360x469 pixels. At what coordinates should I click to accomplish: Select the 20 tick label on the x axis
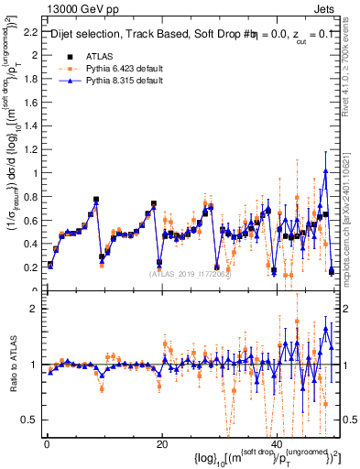click(162, 442)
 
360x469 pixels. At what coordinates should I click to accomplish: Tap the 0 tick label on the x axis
click(46, 442)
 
